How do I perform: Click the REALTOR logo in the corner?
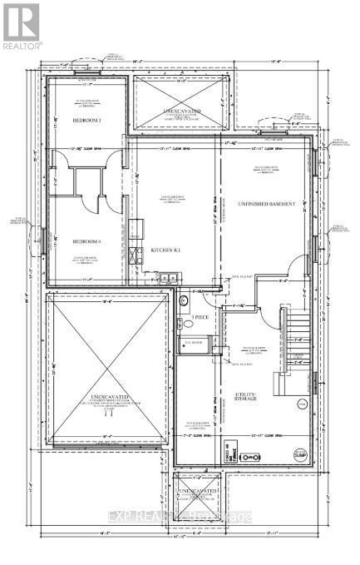(21, 25)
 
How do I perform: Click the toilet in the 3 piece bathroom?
(185, 300)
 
